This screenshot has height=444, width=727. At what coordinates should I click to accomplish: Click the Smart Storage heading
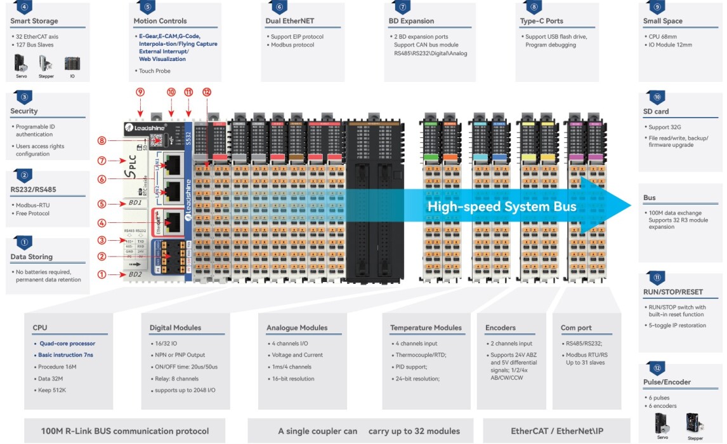coord(34,21)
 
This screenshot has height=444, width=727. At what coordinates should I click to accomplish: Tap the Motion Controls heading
coord(160,21)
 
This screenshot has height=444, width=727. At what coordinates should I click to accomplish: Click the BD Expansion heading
coord(411,21)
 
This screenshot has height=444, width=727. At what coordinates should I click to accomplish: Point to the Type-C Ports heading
coord(541,21)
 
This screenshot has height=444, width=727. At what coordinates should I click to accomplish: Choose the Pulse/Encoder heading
coord(667,382)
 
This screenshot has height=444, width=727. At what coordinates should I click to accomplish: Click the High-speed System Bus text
coord(502,206)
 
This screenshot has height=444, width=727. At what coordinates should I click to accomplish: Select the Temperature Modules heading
coord(426,328)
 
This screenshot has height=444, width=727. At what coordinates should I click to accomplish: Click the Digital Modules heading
coord(175,328)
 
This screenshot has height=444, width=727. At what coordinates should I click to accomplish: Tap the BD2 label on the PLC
coord(134,274)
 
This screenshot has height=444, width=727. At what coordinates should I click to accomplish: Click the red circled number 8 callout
coord(102,140)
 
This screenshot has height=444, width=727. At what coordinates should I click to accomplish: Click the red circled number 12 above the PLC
coord(206,92)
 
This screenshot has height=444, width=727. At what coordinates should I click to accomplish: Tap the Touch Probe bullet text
coord(154,71)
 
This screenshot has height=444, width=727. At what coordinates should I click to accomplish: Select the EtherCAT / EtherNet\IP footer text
coord(556,431)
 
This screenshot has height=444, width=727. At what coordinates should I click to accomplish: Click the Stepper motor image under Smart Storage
coord(46,64)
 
